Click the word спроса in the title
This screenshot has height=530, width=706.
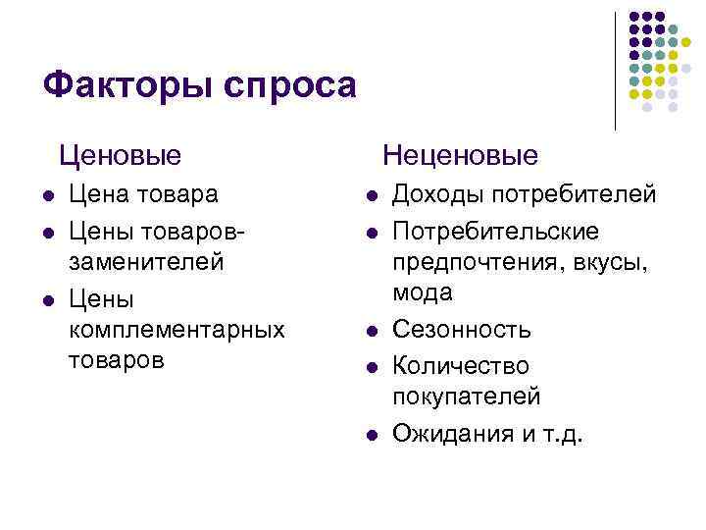[x=291, y=86]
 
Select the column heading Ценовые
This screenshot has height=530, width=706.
[x=120, y=155]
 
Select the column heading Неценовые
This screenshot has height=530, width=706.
[x=461, y=155]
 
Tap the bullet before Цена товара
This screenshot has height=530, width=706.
[x=48, y=195]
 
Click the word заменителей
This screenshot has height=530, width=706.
[x=146, y=263]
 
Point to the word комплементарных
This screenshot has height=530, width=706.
[x=176, y=329]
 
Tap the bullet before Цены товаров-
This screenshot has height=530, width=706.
[x=48, y=232]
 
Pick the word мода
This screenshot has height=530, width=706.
[x=423, y=292]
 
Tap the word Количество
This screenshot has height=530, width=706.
[x=460, y=366]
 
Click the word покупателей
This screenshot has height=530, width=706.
[x=466, y=397]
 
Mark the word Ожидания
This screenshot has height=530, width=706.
[x=451, y=433]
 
